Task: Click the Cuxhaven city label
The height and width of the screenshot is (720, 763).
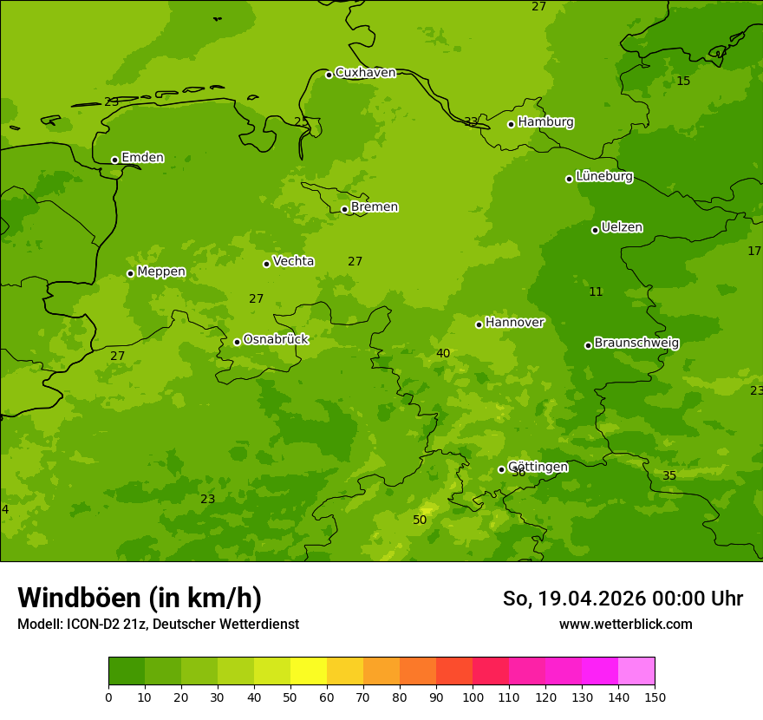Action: [365, 73]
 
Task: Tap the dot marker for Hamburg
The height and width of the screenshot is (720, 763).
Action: [512, 124]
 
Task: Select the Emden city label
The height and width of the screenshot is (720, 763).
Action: [142, 158]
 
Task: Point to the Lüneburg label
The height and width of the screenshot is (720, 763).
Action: [603, 176]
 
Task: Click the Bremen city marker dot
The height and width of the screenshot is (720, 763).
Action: [344, 209]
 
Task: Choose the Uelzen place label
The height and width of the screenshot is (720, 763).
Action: [622, 227]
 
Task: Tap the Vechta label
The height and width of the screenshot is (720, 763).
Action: [293, 261]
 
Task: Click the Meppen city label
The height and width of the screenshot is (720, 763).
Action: [161, 272]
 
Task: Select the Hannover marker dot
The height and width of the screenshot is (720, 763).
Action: [479, 324]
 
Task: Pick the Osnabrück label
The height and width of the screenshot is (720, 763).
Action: [276, 339]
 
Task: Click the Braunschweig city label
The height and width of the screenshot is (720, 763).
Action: [636, 343]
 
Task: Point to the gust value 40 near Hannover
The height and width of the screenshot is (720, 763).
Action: [443, 353]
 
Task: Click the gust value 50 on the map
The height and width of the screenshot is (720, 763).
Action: [420, 520]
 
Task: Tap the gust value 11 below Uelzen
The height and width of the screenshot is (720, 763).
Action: [596, 291]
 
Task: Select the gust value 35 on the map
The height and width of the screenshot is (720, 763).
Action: [669, 475]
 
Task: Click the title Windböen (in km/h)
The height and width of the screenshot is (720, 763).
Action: [140, 598]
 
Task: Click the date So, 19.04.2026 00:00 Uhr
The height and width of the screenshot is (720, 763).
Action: [623, 599]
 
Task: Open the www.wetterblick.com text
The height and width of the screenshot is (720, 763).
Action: [625, 625]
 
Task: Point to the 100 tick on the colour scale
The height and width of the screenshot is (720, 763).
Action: [473, 697]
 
